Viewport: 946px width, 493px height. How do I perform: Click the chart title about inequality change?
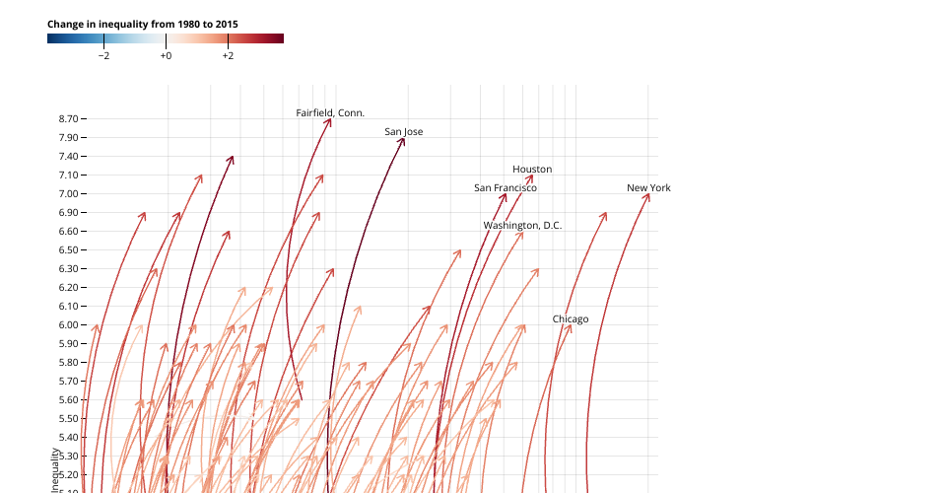pyautogui.click(x=143, y=23)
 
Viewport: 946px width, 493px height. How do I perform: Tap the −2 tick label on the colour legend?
pyautogui.click(x=103, y=56)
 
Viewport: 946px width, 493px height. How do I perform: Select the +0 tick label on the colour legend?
pyautogui.click(x=166, y=56)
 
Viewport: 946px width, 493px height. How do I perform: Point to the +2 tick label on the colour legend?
pyautogui.click(x=228, y=56)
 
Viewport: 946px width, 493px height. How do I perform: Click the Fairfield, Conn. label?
pyautogui.click(x=330, y=113)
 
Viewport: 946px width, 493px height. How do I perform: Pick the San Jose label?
pyautogui.click(x=404, y=132)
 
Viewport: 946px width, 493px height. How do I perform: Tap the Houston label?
pyautogui.click(x=532, y=170)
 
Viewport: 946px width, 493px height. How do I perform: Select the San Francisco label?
pyautogui.click(x=506, y=188)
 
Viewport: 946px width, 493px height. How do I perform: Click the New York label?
pyautogui.click(x=648, y=188)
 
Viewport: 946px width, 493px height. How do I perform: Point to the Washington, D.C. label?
pyautogui.click(x=522, y=226)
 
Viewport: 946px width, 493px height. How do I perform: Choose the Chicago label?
pyautogui.click(x=571, y=319)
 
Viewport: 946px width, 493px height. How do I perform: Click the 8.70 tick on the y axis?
pyautogui.click(x=68, y=119)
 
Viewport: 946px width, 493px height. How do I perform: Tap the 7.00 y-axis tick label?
pyautogui.click(x=68, y=194)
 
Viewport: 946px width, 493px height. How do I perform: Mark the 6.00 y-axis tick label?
pyautogui.click(x=68, y=325)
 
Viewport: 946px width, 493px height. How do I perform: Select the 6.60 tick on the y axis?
pyautogui.click(x=68, y=232)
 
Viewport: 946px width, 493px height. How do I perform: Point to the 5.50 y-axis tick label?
pyautogui.click(x=68, y=419)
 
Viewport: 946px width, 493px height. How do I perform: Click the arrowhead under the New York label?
pyautogui.click(x=647, y=196)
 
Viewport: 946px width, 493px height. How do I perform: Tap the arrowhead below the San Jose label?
pyautogui.click(x=402, y=141)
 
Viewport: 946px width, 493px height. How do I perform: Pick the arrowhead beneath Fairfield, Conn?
pyautogui.click(x=329, y=121)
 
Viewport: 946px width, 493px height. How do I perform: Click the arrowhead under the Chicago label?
pyautogui.click(x=570, y=327)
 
